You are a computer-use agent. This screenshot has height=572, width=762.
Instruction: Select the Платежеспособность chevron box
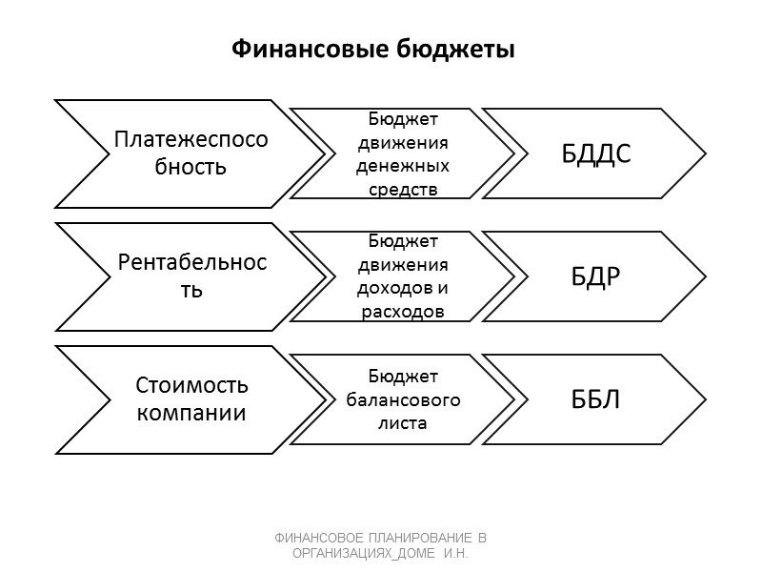pos(190,153)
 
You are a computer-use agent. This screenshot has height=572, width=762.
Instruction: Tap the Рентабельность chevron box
pos(190,275)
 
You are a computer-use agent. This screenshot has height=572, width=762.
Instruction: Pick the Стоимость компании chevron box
pos(190,399)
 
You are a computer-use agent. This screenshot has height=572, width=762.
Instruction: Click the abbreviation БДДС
pos(596,153)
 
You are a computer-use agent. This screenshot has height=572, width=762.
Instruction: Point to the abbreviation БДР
pos(596,276)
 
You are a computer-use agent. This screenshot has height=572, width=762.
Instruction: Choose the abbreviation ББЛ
pos(596,398)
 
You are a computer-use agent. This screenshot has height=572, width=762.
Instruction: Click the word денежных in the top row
pos(402,165)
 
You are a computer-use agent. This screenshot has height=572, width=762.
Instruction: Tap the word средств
pos(402,189)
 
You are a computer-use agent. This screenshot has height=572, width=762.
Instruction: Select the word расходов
pos(402,312)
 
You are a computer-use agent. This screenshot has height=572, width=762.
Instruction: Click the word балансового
pos(402,398)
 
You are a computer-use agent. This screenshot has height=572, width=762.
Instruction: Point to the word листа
pos(402,422)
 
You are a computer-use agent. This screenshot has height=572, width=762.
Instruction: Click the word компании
pos(191,414)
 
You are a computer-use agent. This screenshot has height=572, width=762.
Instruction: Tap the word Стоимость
pos(191,385)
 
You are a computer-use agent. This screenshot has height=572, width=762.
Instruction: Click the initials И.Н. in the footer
pos(458,552)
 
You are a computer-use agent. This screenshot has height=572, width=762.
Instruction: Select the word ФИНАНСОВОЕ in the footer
pos(321,538)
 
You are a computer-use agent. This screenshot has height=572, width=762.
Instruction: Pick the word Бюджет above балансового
pos(402,375)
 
